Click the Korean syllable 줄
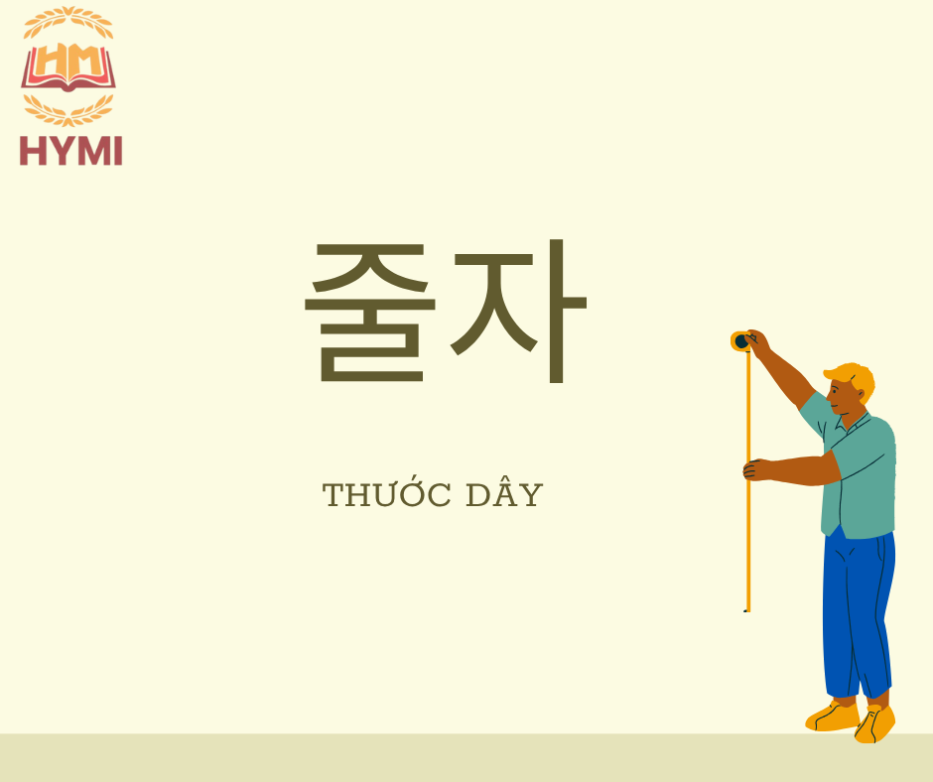point(370,313)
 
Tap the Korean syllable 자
point(518,312)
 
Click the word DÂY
point(504,493)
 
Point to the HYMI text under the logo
point(70,151)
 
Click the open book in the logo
point(68,67)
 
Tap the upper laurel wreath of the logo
point(68,22)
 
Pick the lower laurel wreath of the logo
point(68,111)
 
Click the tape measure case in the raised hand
point(741,341)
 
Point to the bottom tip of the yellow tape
point(747,610)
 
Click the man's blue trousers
point(857,613)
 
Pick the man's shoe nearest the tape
point(832,717)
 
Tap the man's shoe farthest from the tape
point(874,724)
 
